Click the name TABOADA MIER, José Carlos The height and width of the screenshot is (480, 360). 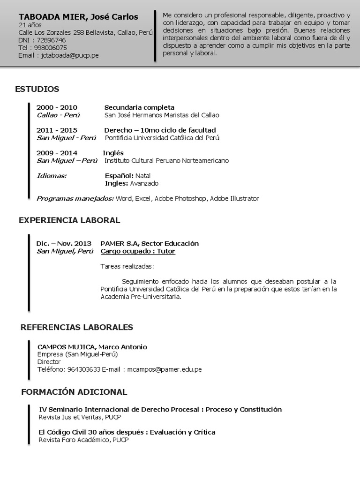pos(78,17)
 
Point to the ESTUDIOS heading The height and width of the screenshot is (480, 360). pos(37,89)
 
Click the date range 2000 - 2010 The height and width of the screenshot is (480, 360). pos(57,107)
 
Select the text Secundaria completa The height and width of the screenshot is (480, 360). pos(139,107)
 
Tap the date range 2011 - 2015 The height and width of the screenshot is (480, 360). pos(57,130)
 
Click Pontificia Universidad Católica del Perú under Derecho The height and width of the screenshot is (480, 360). pos(162,138)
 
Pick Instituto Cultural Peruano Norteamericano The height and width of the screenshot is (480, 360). pos(166,160)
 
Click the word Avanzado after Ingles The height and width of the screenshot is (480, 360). pos(144,183)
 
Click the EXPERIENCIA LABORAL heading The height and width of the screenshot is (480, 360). pos(69,220)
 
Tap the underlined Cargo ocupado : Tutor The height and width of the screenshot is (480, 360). pos(138,251)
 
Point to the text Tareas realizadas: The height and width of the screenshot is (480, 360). pos(127,266)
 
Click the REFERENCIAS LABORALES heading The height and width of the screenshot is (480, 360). pos(77,327)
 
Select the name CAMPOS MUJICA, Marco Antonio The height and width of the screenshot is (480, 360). pos(92,347)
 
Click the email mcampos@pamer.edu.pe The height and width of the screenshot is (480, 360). pos(164,369)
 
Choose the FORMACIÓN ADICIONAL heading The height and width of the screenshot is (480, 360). pos(74,391)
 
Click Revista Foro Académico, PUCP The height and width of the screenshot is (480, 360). pos(83,440)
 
